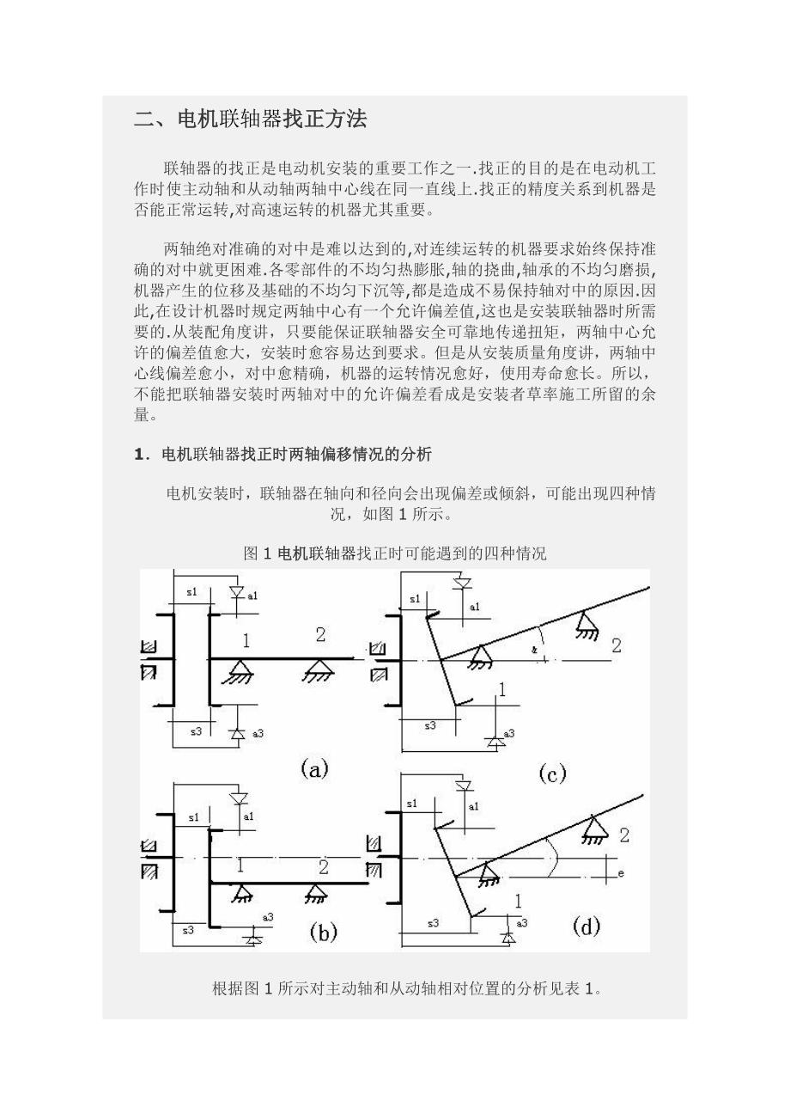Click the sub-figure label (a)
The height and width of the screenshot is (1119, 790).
[314, 769]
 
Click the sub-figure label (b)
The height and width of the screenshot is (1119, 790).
[323, 932]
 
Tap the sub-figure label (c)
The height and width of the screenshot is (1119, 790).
[552, 774]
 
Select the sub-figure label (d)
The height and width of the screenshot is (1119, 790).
[586, 926]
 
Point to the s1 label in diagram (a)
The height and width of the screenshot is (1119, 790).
[191, 592]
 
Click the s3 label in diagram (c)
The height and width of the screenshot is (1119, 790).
[430, 725]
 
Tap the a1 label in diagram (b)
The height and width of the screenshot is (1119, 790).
[249, 816]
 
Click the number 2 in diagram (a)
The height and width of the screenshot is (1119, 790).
[320, 635]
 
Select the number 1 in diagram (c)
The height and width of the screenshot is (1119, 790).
[502, 689]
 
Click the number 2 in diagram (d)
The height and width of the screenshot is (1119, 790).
[624, 835]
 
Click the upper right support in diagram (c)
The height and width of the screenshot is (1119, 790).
[588, 625]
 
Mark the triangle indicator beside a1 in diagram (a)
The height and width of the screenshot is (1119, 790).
[237, 593]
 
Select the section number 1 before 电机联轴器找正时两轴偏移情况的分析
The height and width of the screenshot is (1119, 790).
[139, 455]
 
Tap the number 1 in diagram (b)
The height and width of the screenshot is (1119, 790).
[240, 865]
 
